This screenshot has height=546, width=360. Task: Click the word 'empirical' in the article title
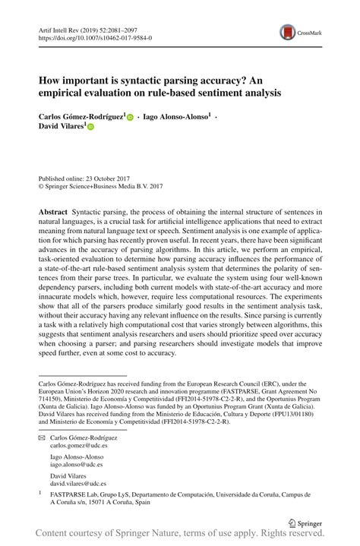click(67, 93)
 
